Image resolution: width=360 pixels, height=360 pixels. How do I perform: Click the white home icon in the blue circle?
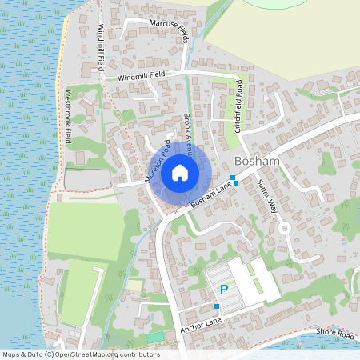tap(180, 172)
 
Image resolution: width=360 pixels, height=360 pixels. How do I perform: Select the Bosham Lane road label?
tap(212, 195)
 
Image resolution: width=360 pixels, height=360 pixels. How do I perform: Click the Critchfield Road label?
tap(239, 105)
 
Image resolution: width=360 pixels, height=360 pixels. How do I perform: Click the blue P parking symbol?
tap(224, 290)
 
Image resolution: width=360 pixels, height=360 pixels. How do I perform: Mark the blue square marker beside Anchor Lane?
tap(217, 306)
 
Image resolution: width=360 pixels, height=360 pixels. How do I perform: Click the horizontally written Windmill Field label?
tap(146, 77)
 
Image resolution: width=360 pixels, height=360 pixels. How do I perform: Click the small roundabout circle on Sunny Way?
tap(283, 227)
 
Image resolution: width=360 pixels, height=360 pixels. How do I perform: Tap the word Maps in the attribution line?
tap(12, 354)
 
